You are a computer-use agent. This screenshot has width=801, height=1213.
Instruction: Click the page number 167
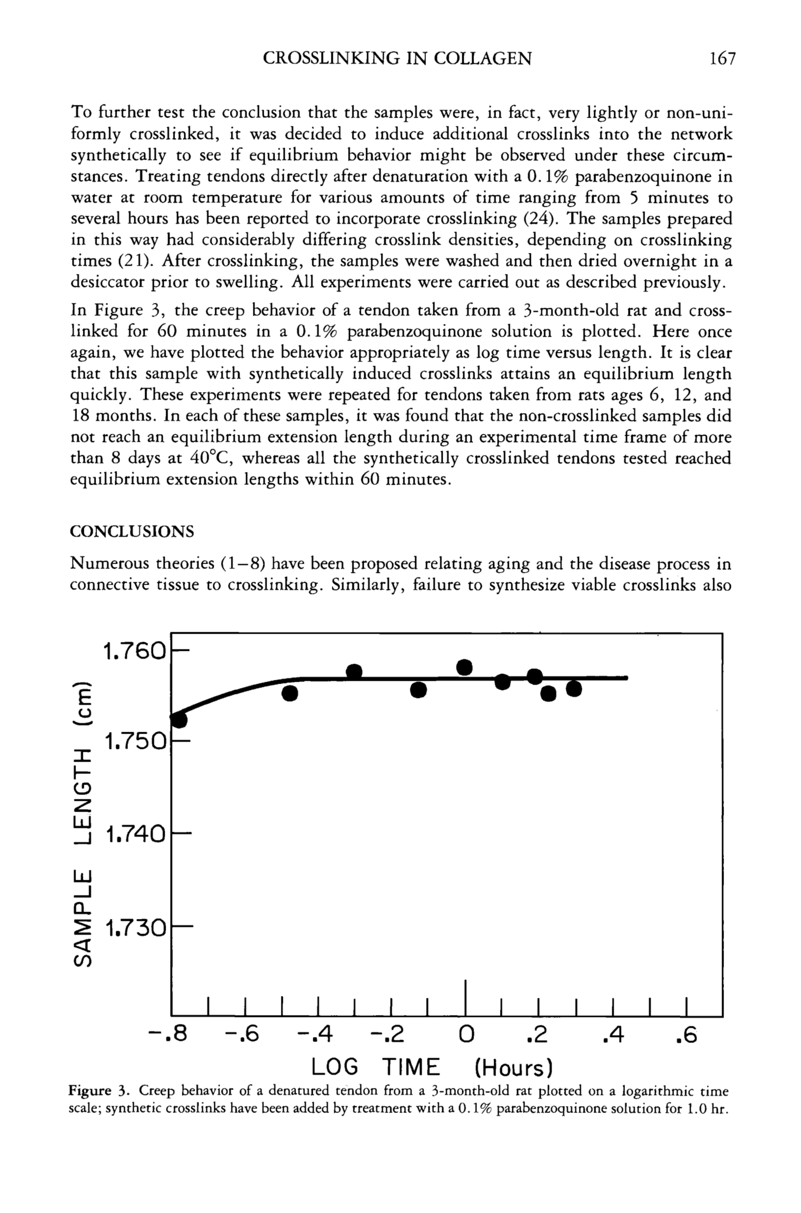[x=722, y=59]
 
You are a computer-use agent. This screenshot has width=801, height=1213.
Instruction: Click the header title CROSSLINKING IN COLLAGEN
[x=397, y=59]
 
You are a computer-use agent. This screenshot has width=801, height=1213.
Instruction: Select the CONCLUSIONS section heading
[x=132, y=532]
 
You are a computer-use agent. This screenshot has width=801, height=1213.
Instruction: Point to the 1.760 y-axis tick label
[x=135, y=652]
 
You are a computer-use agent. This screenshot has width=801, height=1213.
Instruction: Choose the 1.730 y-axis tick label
[x=135, y=927]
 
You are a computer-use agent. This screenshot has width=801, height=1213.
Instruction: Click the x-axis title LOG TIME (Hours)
[x=432, y=1067]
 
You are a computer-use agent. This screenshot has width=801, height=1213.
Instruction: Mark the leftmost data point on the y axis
[x=179, y=719]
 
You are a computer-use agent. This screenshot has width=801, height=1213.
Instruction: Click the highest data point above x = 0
[x=464, y=667]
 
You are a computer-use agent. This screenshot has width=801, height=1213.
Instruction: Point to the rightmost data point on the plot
[x=574, y=689]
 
